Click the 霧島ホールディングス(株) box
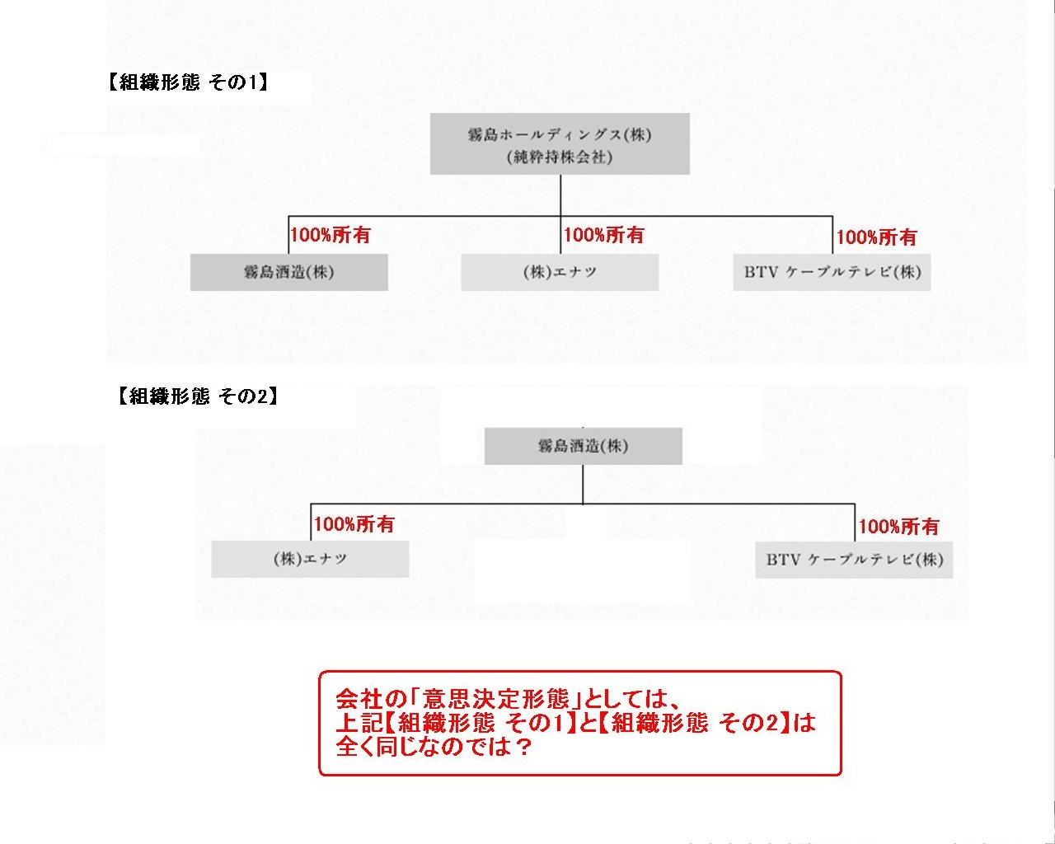point(560,143)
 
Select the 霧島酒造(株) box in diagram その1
point(289,272)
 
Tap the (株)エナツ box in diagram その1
point(560,272)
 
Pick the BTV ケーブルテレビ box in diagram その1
point(832,272)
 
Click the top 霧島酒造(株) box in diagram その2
point(584,446)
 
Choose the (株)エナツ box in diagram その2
point(311,559)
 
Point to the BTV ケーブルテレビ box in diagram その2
point(855,560)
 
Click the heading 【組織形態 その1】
point(188,82)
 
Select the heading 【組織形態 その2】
point(198,396)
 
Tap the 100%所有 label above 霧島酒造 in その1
point(331,235)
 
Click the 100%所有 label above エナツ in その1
point(603,235)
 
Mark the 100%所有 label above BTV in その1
point(876,237)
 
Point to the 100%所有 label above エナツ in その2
point(354,524)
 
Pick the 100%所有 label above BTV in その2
point(898,527)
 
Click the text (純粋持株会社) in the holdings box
point(560,157)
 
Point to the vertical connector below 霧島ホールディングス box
point(560,195)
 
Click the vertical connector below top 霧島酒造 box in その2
point(583,484)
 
